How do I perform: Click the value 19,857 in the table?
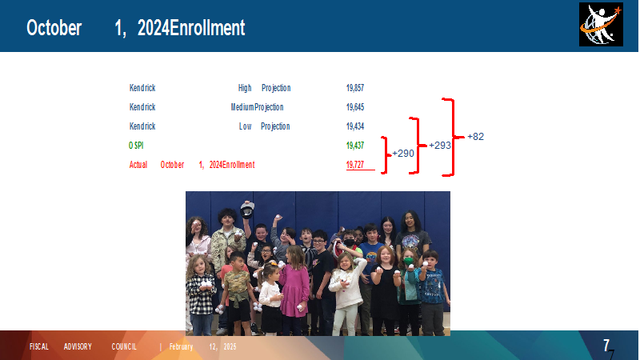(355, 88)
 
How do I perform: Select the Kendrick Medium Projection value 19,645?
(355, 107)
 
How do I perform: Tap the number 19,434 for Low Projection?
(355, 126)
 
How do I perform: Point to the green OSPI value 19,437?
(355, 146)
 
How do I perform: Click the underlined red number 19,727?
(355, 165)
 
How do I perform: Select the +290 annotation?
(403, 154)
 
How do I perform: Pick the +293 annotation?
(440, 146)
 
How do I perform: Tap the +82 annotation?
(475, 137)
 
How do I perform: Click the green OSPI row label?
(136, 146)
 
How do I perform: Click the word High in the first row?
(245, 88)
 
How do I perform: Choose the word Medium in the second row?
(242, 107)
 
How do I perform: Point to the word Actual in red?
(138, 165)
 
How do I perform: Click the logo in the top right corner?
(601, 25)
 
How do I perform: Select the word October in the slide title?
(54, 28)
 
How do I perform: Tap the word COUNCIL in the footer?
(124, 346)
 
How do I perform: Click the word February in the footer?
(182, 346)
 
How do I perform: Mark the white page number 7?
(606, 346)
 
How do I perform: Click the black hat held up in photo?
(247, 210)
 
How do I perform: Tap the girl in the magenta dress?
(294, 288)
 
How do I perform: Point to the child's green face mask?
(409, 262)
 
